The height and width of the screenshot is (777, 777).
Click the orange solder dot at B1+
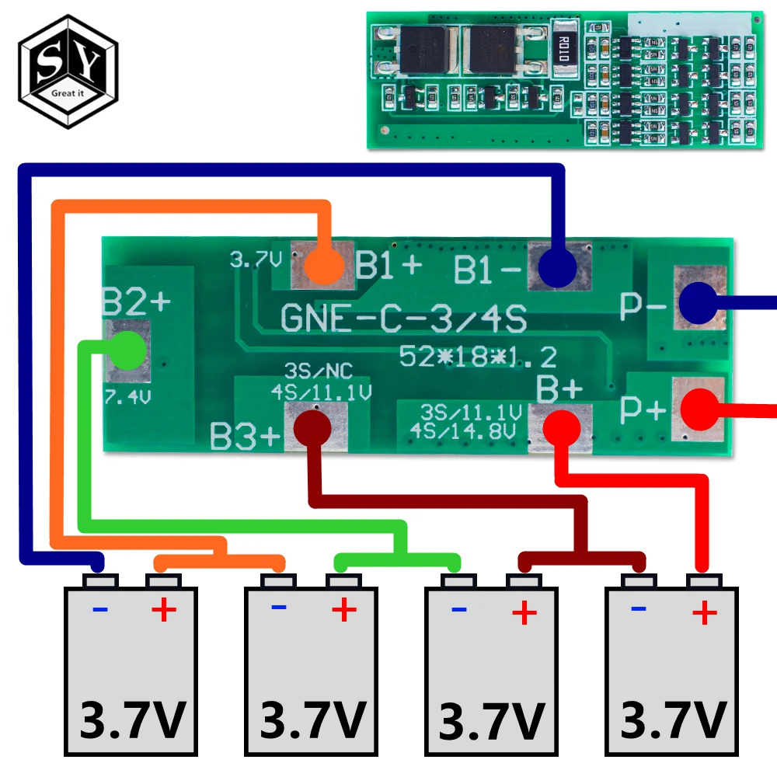[x=322, y=266]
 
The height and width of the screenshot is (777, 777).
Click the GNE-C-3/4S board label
[x=403, y=319]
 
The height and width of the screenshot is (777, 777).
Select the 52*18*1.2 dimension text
[x=477, y=357]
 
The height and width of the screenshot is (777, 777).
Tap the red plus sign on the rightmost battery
[x=705, y=614]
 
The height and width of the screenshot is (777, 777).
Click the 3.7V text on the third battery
[x=491, y=720]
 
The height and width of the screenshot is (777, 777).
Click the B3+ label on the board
[x=245, y=437]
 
